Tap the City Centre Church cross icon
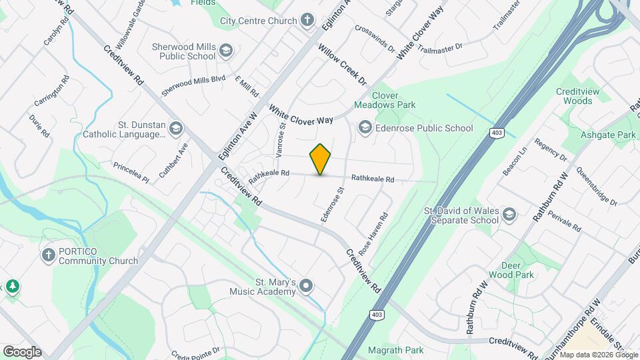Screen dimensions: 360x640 307,20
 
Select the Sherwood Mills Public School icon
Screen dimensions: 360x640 226,51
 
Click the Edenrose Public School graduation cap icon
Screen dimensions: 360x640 365,127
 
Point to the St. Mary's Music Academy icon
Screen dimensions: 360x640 306,286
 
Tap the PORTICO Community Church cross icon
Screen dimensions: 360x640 48,255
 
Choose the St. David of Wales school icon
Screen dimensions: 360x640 509,214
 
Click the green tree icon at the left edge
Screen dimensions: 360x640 12,287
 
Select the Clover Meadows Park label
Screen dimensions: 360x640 385,100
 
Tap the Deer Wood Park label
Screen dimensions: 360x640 517,270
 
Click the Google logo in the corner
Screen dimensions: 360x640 22,351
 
